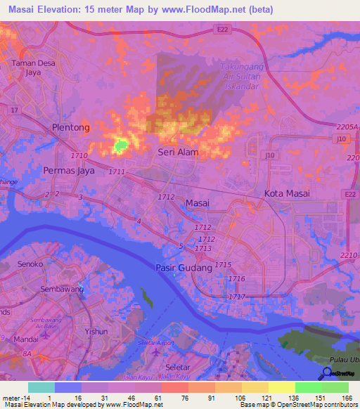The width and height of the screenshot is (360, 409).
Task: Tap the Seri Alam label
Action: point(178,152)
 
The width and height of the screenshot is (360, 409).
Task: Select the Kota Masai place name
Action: point(288,193)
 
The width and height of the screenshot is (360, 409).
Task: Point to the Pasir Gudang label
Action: point(183,268)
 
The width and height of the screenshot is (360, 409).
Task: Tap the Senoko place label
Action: point(32,264)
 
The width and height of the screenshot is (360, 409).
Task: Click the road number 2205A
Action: point(347,126)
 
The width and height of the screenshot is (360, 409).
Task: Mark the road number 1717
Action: point(237,297)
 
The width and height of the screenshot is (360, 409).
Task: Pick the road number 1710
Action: point(79,155)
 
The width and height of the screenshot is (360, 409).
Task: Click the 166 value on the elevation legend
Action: point(347,397)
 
